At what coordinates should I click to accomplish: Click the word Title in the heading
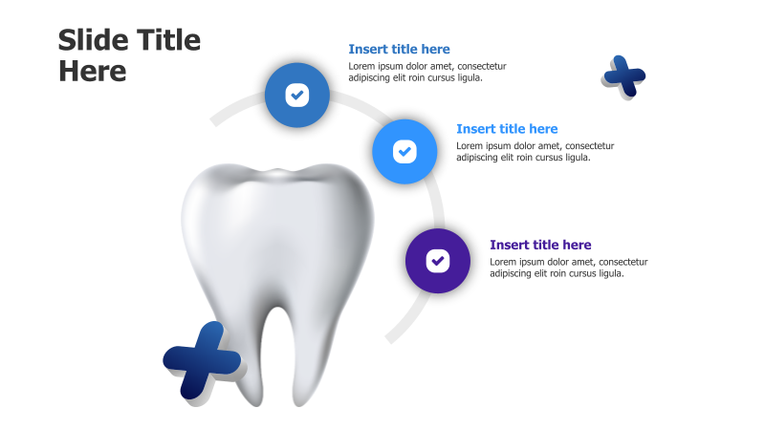[x=170, y=40]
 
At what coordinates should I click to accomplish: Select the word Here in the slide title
[x=93, y=71]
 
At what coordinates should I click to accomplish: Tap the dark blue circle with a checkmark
[x=297, y=95]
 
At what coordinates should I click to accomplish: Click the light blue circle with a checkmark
[x=404, y=151]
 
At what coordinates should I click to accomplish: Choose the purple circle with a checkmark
[x=438, y=260]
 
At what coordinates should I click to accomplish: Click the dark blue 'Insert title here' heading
[x=399, y=49]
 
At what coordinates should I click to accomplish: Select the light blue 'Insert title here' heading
[x=507, y=129]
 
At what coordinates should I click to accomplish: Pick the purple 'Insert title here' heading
[x=540, y=246]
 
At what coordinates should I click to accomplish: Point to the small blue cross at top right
[x=624, y=75]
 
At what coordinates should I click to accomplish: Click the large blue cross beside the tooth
[x=203, y=360]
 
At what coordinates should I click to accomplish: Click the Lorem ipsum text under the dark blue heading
[x=426, y=72]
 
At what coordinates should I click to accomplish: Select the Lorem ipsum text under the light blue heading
[x=535, y=152]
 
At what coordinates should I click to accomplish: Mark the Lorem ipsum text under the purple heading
[x=568, y=268]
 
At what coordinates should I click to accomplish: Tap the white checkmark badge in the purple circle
[x=438, y=260]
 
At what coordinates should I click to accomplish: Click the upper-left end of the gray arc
[x=214, y=121]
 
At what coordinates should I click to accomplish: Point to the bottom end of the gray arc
[x=389, y=338]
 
